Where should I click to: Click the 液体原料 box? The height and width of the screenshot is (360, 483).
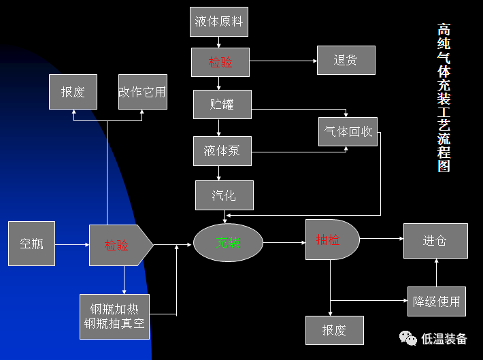(219, 21)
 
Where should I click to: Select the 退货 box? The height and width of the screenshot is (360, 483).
(346, 60)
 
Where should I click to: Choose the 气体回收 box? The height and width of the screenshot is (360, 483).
(348, 131)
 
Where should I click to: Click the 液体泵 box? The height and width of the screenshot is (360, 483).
(221, 150)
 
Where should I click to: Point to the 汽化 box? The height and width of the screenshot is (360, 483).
(224, 195)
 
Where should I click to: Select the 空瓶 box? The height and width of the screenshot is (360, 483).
(31, 243)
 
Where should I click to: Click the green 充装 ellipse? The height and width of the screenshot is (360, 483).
(228, 243)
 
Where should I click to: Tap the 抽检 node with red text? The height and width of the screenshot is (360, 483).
(331, 240)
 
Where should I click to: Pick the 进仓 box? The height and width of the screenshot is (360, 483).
(435, 240)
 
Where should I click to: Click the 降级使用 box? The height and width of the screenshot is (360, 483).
(437, 301)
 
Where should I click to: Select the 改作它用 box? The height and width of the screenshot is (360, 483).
(142, 92)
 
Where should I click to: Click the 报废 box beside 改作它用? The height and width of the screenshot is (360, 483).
(73, 92)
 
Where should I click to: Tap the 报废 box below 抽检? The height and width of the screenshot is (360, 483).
(334, 330)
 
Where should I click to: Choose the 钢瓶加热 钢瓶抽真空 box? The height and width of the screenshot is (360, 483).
(114, 313)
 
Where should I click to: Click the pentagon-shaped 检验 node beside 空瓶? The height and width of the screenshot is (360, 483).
(118, 244)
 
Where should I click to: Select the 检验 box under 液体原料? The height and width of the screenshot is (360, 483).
(220, 63)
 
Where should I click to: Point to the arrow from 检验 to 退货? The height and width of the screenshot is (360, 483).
(283, 61)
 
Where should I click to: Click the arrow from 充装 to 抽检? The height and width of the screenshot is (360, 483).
(284, 242)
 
